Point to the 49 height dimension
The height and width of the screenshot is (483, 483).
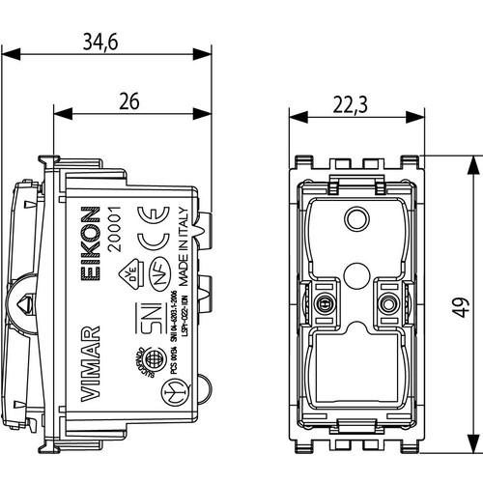464,306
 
